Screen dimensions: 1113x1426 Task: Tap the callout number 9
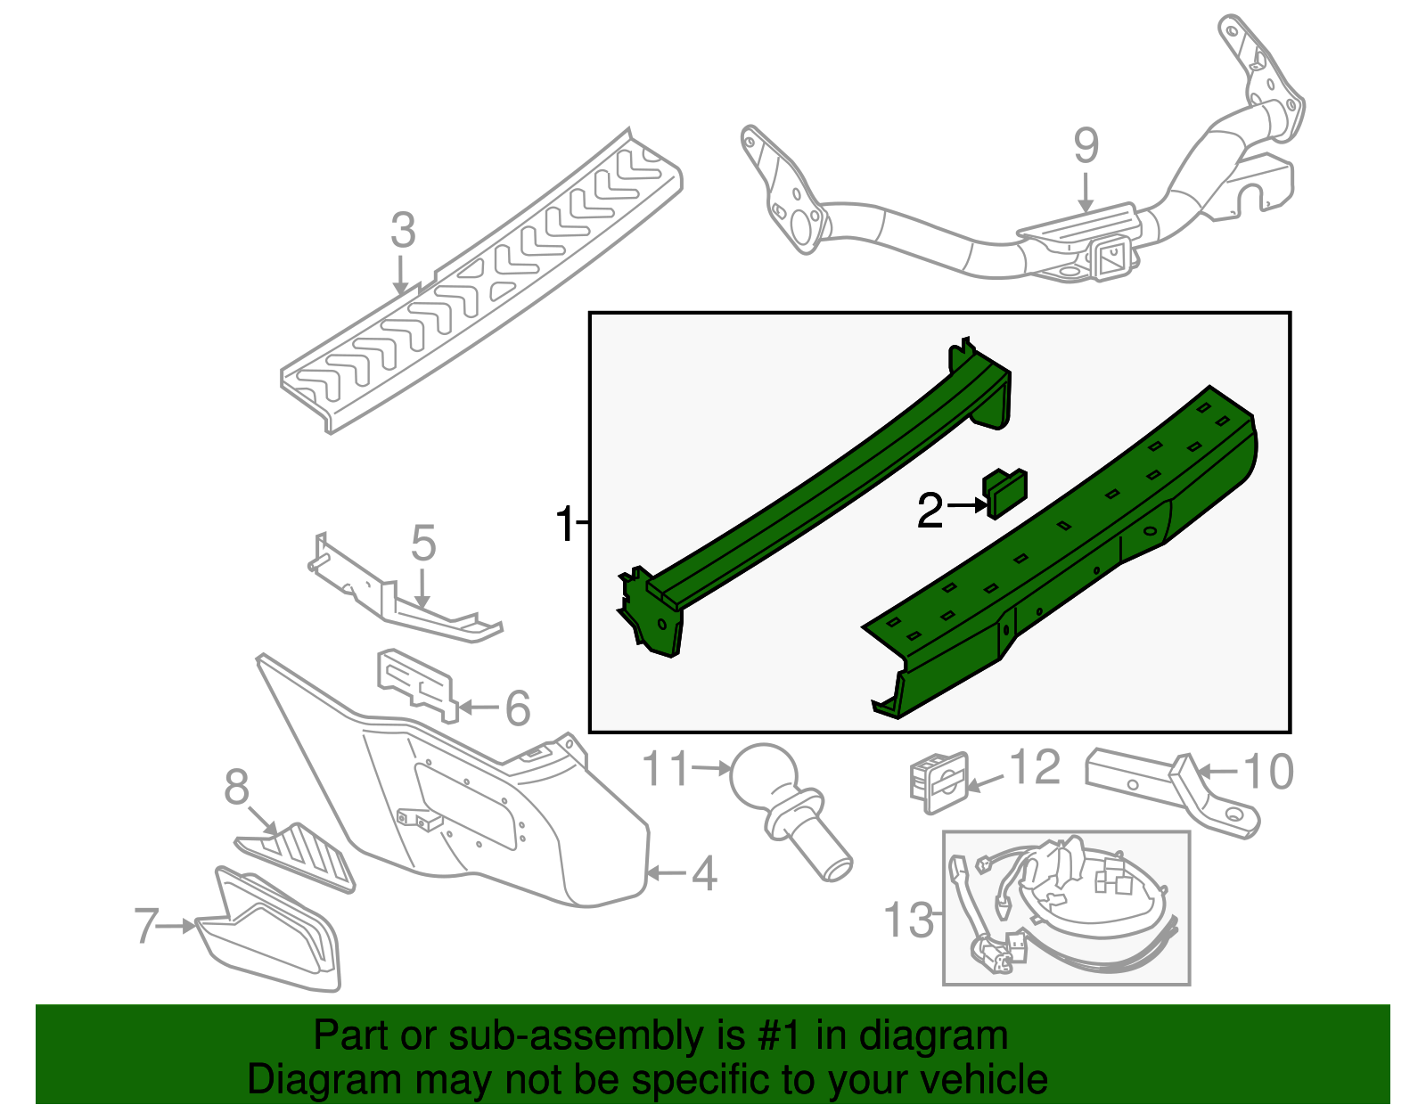pos(1086,146)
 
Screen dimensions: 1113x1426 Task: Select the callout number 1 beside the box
pos(565,524)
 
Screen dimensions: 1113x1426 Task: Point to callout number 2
pos(930,511)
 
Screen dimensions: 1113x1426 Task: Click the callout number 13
pos(908,919)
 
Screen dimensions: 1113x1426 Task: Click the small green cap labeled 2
pos(1004,493)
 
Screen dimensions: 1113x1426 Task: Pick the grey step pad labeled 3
pos(481,285)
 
